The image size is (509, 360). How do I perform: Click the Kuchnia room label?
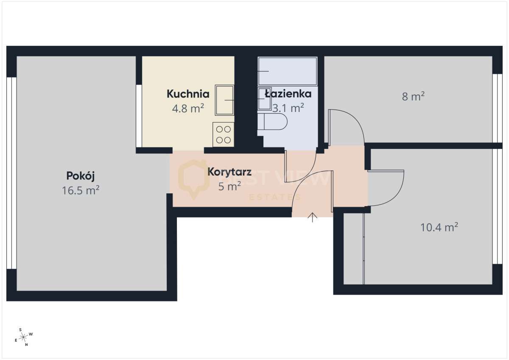(x=188, y=94)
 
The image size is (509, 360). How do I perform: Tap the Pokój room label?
(x=81, y=175)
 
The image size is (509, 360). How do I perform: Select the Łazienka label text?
(x=288, y=94)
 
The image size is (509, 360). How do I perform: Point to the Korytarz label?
(x=229, y=172)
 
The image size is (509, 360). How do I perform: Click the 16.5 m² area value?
(x=81, y=190)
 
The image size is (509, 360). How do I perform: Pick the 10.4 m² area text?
(x=439, y=228)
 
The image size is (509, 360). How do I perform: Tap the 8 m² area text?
(x=413, y=97)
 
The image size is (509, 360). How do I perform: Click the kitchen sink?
(x=225, y=100)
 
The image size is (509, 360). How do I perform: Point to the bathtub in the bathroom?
(x=287, y=71)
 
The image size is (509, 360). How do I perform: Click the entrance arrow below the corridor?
(x=313, y=218)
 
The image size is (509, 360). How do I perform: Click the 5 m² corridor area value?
(x=229, y=186)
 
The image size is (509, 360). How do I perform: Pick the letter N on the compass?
(x=26, y=345)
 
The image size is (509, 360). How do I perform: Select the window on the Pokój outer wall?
(x=11, y=173)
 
